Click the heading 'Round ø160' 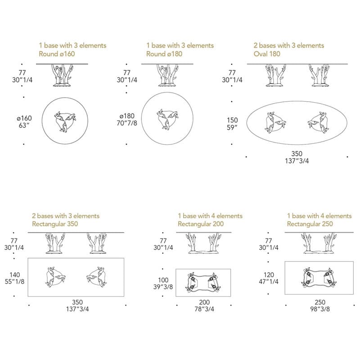57,54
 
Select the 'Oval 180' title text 267,54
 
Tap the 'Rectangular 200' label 201,224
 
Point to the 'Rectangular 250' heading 310,224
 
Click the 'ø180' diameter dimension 127,116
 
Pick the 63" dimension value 24,126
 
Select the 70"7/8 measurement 127,123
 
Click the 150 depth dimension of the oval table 232,120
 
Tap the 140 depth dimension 14,274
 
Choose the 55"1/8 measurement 14,282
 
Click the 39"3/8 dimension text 163,287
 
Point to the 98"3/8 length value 320,309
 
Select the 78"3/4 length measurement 204,309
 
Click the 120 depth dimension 269,274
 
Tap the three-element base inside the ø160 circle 65,121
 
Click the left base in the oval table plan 275,122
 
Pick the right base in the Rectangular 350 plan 97,277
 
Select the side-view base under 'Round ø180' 167,75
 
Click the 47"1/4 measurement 269,282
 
